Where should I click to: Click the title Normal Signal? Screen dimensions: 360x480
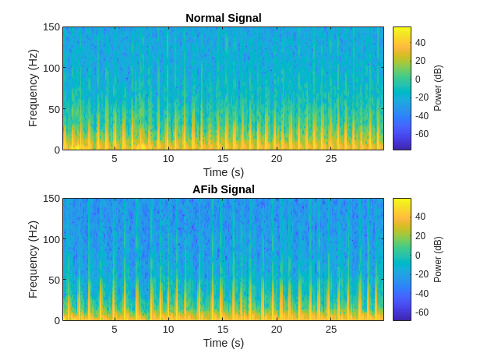pyautogui.click(x=223, y=18)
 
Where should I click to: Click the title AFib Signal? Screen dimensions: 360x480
pyautogui.click(x=223, y=189)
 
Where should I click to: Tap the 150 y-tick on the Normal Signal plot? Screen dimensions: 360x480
pyautogui.click(x=51, y=27)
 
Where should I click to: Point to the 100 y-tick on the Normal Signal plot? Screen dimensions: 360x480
pyautogui.click(x=51, y=68)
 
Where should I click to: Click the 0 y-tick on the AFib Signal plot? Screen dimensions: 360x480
pyautogui.click(x=57, y=320)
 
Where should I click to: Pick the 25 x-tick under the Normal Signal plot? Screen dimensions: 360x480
pyautogui.click(x=331, y=158)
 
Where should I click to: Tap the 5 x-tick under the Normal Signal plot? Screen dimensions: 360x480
pyautogui.click(x=115, y=158)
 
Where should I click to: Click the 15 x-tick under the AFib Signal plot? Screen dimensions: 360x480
pyautogui.click(x=223, y=329)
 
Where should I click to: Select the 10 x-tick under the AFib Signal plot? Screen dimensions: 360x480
pyautogui.click(x=168, y=329)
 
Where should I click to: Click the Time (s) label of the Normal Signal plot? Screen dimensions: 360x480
pyautogui.click(x=223, y=172)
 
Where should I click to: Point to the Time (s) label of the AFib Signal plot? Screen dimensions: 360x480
pyautogui.click(x=223, y=343)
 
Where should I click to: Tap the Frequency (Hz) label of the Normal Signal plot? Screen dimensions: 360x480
pyautogui.click(x=34, y=88)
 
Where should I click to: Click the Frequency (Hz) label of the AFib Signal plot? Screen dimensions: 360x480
pyautogui.click(x=34, y=259)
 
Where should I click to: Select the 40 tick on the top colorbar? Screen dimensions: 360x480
pyautogui.click(x=420, y=42)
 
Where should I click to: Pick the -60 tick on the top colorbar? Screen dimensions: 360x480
pyautogui.click(x=422, y=134)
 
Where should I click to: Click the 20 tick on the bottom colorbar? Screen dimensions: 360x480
pyautogui.click(x=420, y=236)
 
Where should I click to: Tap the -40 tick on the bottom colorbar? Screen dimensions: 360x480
pyautogui.click(x=422, y=293)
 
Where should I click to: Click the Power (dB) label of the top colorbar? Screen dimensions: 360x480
pyautogui.click(x=438, y=88)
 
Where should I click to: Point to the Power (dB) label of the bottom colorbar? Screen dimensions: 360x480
pyautogui.click(x=438, y=259)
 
